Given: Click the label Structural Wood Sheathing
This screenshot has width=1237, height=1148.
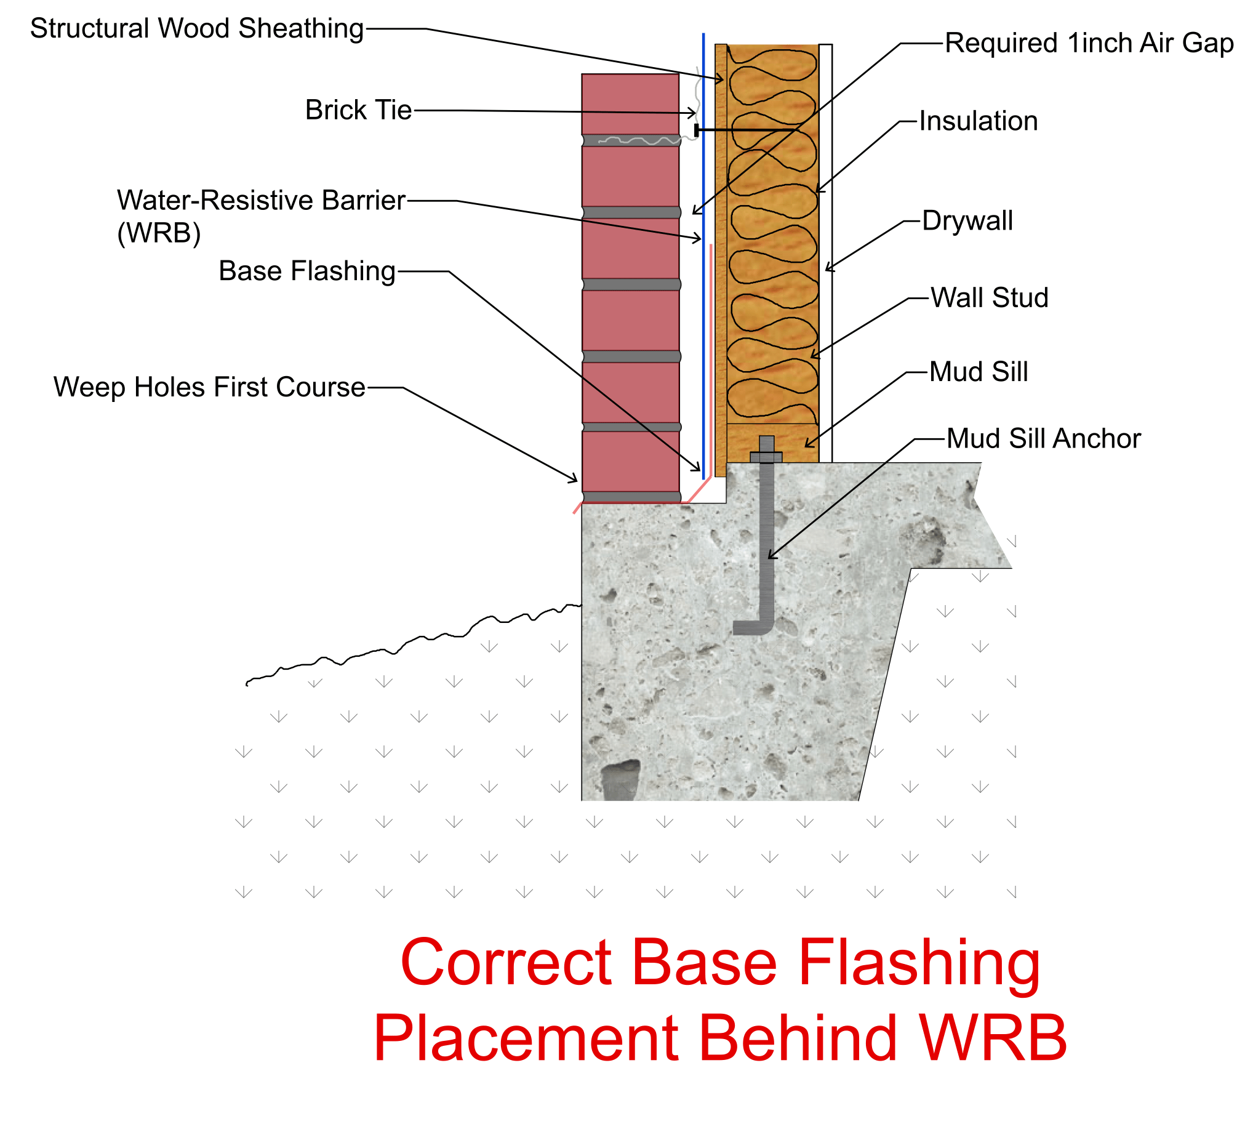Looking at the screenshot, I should click(196, 28).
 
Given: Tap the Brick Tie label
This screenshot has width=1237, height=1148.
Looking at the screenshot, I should click(358, 110).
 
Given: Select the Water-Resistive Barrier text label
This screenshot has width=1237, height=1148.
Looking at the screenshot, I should click(260, 201).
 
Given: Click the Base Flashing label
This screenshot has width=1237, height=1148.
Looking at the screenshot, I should click(306, 271).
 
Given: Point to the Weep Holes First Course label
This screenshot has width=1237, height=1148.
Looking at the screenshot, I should click(209, 387).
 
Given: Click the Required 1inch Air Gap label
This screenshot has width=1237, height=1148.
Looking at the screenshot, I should click(1088, 43).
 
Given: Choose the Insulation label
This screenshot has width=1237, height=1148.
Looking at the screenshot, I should click(977, 121).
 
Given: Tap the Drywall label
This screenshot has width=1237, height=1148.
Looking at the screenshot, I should click(966, 220).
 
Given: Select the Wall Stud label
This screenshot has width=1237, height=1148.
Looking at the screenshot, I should click(988, 297).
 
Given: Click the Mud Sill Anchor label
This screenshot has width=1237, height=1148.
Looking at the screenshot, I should click(1043, 438).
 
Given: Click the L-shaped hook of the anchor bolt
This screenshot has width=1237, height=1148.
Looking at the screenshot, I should click(753, 627).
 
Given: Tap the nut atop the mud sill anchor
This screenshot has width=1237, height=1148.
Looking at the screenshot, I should click(766, 457).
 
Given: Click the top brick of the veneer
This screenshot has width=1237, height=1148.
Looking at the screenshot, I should click(630, 104).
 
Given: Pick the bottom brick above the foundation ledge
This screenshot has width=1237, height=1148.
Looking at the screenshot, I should click(630, 461).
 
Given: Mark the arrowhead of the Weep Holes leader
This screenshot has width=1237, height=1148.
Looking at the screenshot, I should click(575, 481).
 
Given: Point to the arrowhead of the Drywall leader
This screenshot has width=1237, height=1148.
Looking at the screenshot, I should click(828, 269).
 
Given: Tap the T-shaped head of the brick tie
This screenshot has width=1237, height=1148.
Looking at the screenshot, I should click(697, 130).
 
